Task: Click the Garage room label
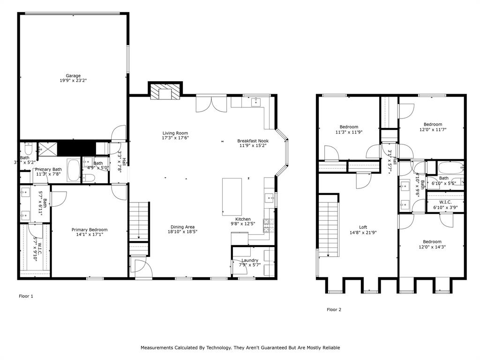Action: (73, 75)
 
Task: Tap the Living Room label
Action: (175, 133)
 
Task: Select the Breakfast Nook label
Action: (253, 141)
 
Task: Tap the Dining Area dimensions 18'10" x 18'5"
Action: (182, 232)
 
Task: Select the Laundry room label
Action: (250, 260)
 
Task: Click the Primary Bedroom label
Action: (89, 230)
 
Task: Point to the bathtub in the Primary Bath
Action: (74, 171)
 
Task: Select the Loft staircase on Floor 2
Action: (329, 225)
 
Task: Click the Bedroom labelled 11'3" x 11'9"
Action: (349, 127)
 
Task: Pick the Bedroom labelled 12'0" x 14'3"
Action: (432, 241)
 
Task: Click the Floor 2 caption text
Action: (334, 309)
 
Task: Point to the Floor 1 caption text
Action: (26, 296)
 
